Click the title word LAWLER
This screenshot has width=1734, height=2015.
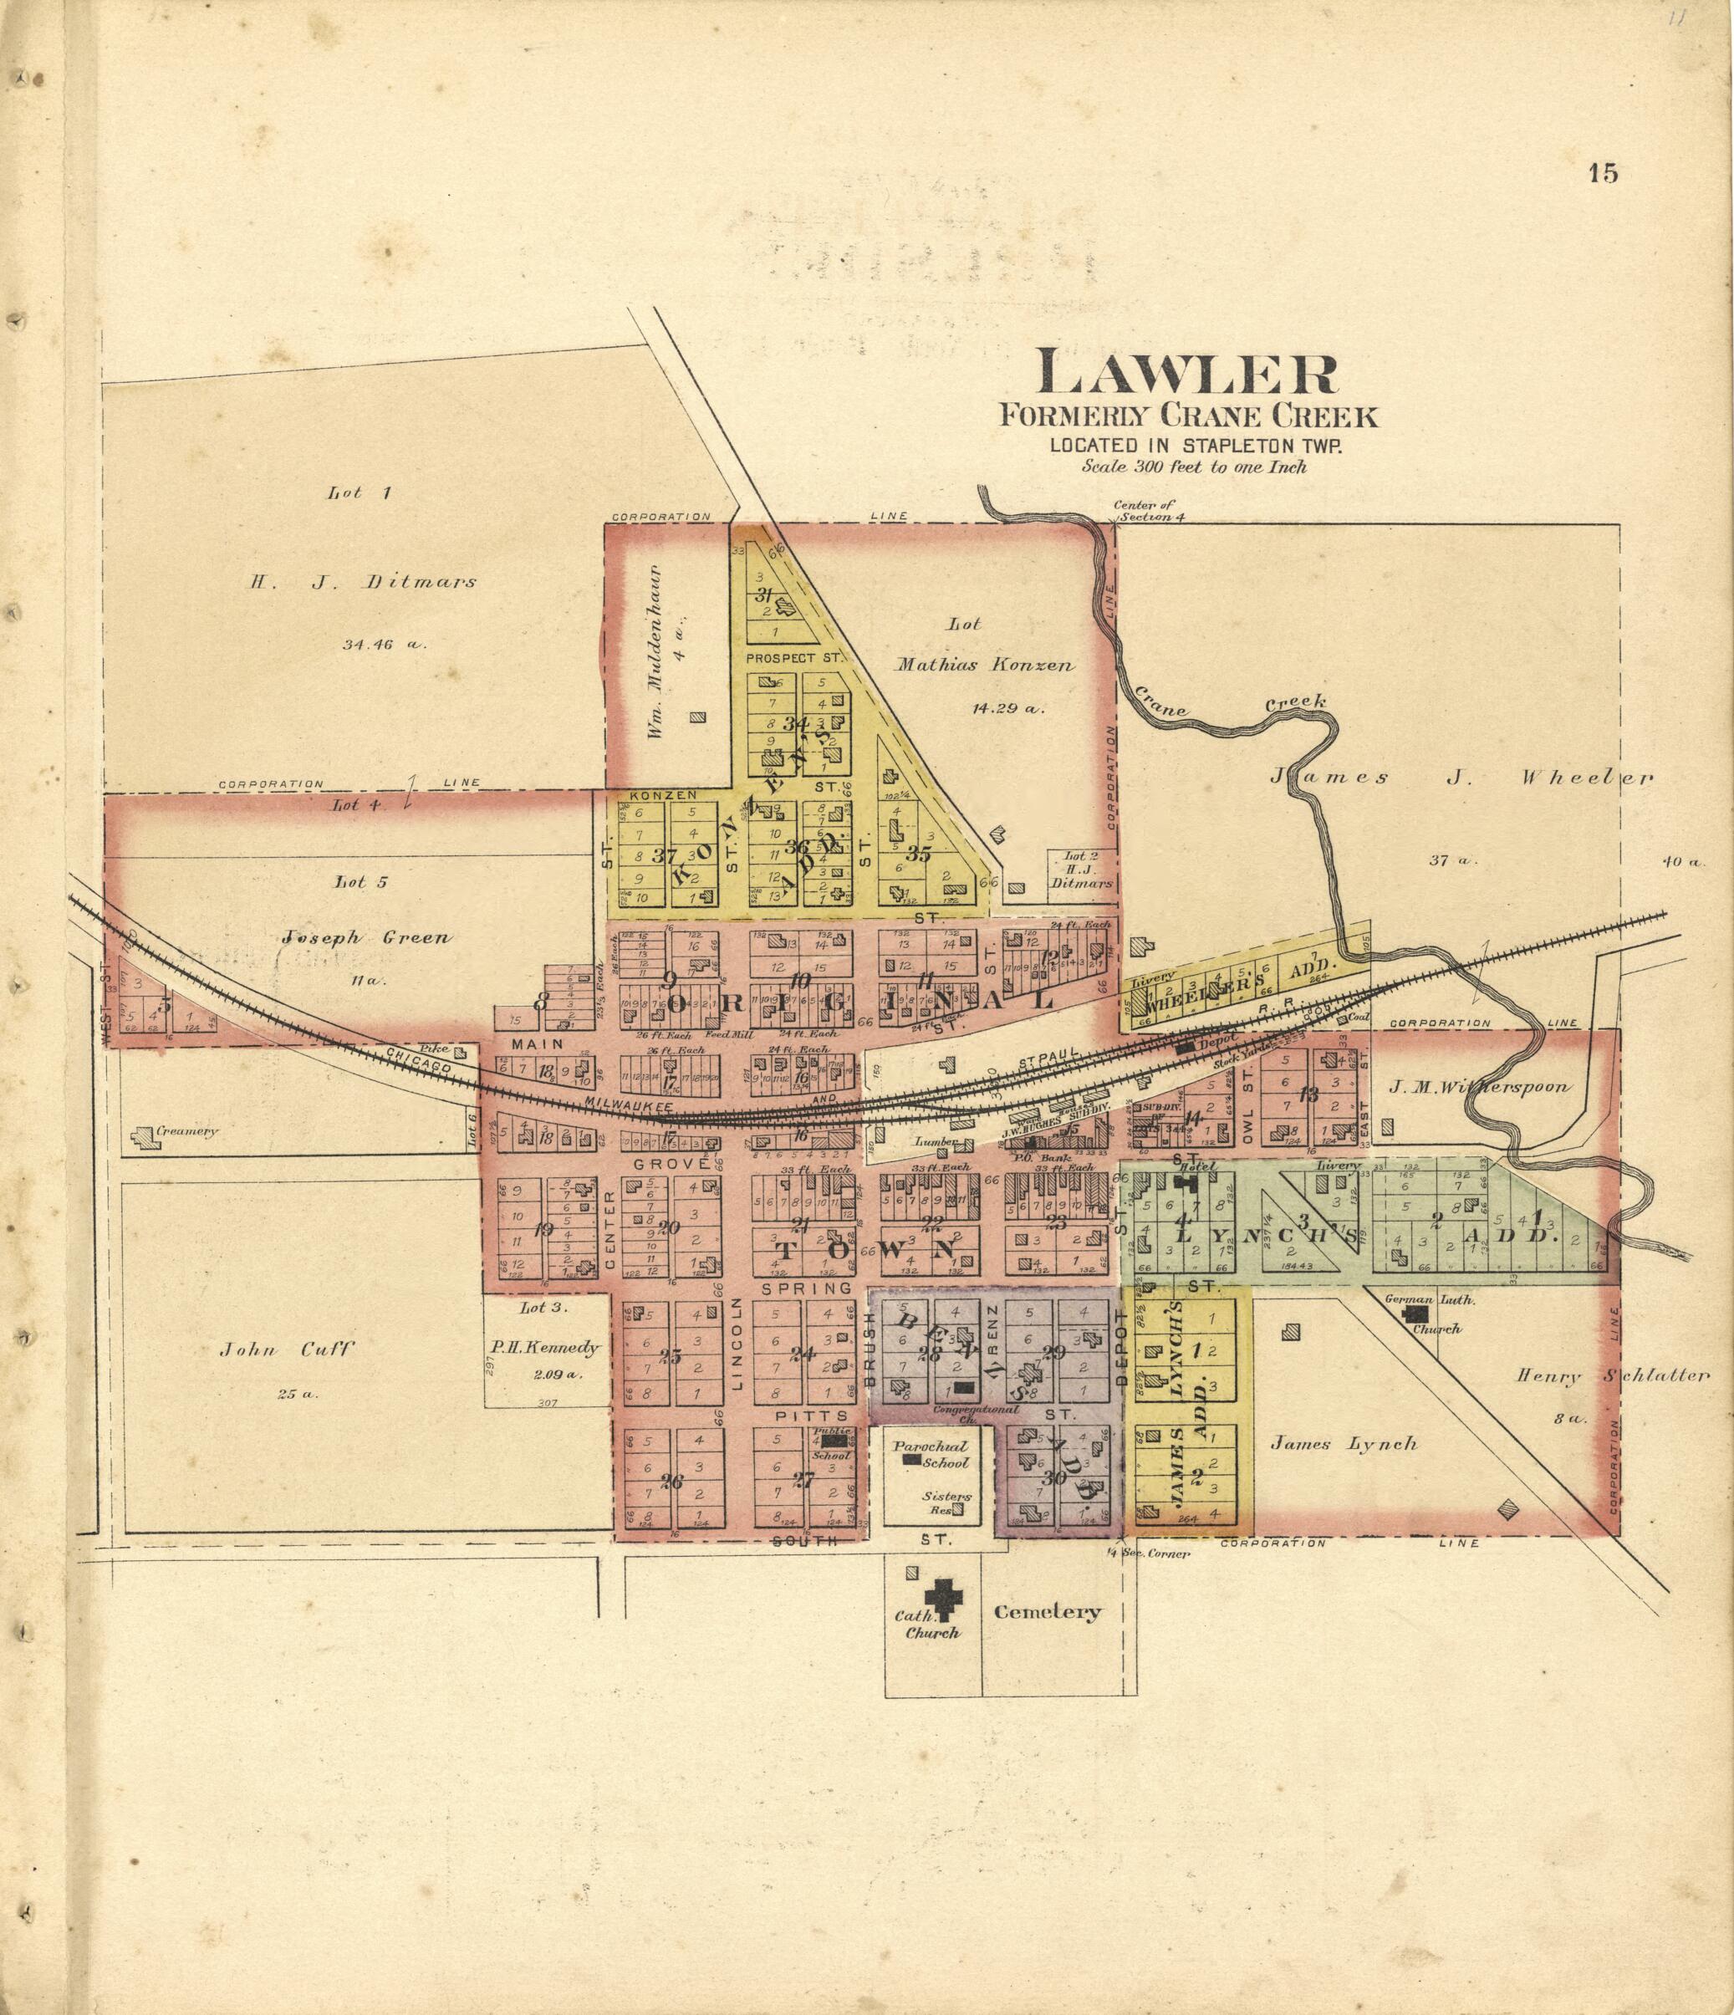tap(1187, 375)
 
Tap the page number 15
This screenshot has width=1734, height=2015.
tap(1603, 174)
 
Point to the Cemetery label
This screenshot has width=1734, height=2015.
tap(1048, 1612)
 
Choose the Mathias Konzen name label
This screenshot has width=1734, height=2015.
tap(984, 666)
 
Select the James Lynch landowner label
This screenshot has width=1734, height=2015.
tap(1343, 1444)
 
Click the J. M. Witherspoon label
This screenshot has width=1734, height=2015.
tap(1478, 1086)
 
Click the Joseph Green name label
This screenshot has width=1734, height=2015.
tap(367, 938)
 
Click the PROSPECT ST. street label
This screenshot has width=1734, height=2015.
tap(793, 658)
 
